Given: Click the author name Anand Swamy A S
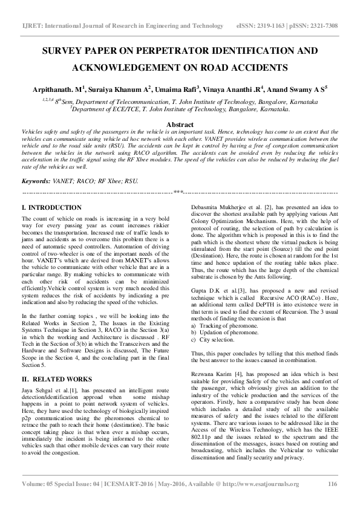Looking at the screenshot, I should click(x=297, y=88).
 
